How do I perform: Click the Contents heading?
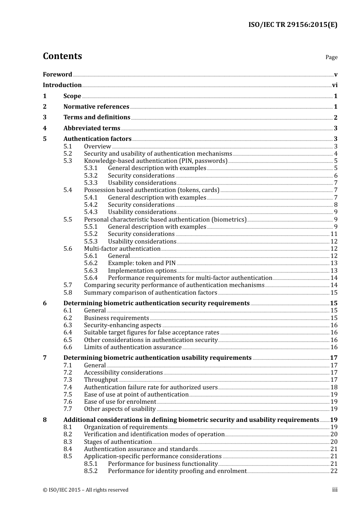coord(62,56)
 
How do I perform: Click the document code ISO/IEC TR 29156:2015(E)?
coord(293,25)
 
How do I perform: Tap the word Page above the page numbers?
coord(331,57)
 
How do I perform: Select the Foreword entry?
coord(57,74)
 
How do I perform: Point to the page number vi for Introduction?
coord(335,85)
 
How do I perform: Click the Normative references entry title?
coord(96,107)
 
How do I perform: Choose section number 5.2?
coord(67,154)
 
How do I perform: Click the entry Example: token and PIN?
coord(142,263)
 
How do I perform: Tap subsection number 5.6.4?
coord(91,278)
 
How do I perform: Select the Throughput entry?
coord(101,380)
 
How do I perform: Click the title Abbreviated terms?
coord(92,128)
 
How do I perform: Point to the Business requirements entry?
coord(116,318)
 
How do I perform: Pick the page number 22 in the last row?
coord(334,471)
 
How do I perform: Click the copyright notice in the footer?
coord(86,490)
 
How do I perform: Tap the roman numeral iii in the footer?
coord(335,490)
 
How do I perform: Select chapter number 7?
coord(45,358)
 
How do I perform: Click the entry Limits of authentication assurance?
coord(133,347)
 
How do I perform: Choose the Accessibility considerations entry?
coord(123,373)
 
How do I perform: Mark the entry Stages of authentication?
coord(118,442)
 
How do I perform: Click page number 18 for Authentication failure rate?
coord(334,387)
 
